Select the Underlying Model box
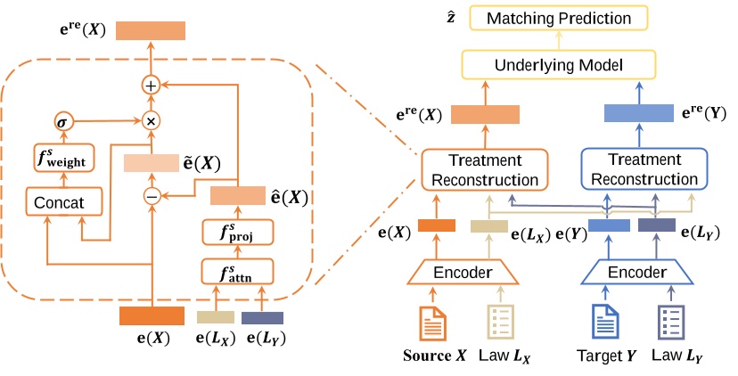tap(558, 64)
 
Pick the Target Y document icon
tap(604, 323)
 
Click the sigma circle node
tap(63, 119)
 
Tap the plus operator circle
tap(151, 86)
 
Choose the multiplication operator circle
tap(151, 119)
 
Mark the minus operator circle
tap(151, 197)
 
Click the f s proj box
tap(237, 234)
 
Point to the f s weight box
tap(63, 159)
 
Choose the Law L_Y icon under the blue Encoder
tap(670, 323)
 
